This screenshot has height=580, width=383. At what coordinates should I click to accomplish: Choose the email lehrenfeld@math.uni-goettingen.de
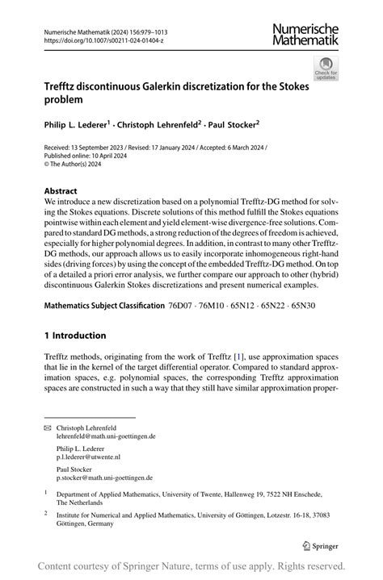pyautogui.click(x=106, y=436)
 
